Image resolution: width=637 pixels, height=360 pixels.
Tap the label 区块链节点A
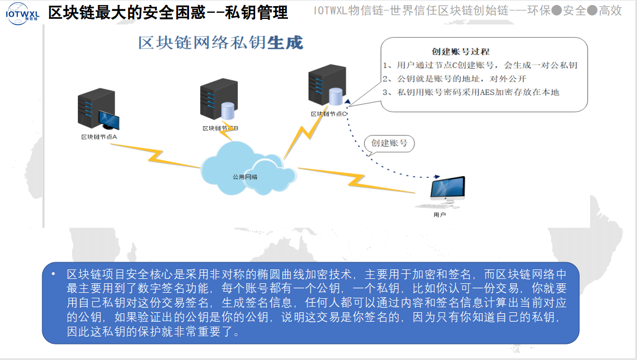[x=98, y=136]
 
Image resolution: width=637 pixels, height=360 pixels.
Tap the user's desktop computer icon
[x=447, y=191]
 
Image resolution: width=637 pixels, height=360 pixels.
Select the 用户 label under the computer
[x=440, y=214]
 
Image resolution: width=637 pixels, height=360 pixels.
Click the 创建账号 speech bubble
[x=389, y=143]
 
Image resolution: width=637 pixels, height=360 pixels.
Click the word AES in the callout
[x=489, y=92]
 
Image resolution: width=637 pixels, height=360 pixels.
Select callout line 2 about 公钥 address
[x=454, y=78]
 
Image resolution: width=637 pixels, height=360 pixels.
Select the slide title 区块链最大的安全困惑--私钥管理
[x=168, y=12]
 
